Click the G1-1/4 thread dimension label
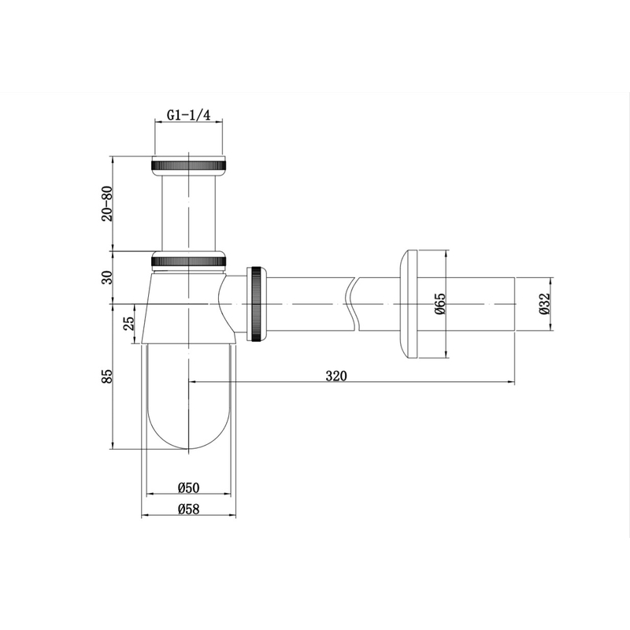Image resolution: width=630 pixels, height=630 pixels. pyautogui.click(x=189, y=116)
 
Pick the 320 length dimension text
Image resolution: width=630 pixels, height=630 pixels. pyautogui.click(x=335, y=376)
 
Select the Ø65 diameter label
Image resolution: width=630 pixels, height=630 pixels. pyautogui.click(x=440, y=303)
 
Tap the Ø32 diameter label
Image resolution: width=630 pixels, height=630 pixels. pyautogui.click(x=543, y=303)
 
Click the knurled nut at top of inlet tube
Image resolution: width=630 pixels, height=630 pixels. pyautogui.click(x=188, y=165)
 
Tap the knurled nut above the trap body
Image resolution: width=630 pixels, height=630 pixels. pyautogui.click(x=188, y=258)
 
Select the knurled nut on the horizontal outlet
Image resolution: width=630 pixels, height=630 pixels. pyautogui.click(x=258, y=304)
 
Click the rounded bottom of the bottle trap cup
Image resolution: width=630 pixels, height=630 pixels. pyautogui.click(x=188, y=437)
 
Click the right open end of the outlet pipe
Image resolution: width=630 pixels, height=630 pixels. pyautogui.click(x=513, y=303)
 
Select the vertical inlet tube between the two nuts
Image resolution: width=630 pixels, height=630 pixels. pyautogui.click(x=188, y=211)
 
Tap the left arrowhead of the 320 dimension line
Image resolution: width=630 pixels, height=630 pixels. pyautogui.click(x=193, y=382)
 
